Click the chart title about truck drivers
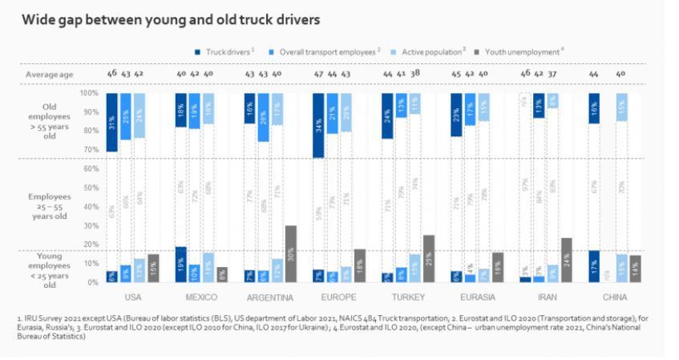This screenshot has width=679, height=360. [171, 18]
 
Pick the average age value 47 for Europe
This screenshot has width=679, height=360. [319, 74]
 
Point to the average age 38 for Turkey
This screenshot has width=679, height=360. [414, 74]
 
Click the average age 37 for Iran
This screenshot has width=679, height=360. [552, 74]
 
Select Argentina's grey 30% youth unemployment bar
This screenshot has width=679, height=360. [290, 253]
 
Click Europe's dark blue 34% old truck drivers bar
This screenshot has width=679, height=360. [318, 125]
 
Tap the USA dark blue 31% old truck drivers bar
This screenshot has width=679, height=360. [111, 122]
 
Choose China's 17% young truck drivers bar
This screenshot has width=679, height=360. [593, 266]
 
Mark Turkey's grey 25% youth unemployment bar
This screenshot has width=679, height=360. [429, 258]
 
